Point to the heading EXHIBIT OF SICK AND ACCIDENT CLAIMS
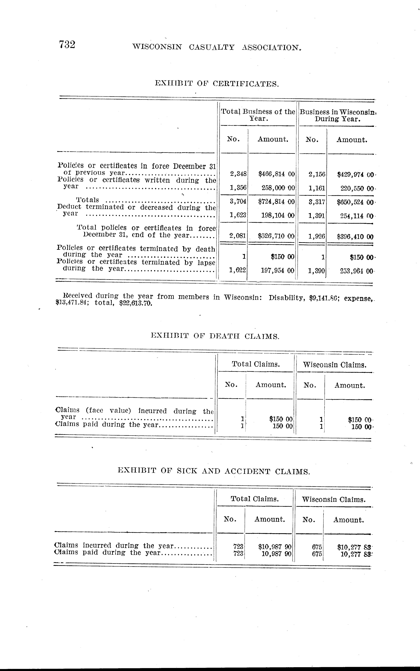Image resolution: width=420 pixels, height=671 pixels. coord(214,471)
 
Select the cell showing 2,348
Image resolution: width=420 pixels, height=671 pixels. coord(238,174)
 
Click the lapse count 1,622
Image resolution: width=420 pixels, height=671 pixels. coord(237,270)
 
